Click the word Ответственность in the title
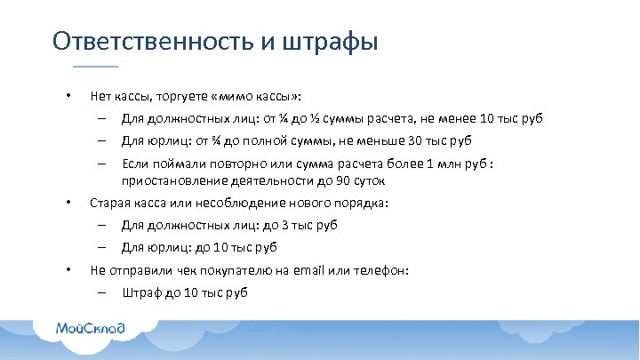coord(152,42)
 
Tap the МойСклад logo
coord(92,328)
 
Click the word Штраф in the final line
coord(140,292)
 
